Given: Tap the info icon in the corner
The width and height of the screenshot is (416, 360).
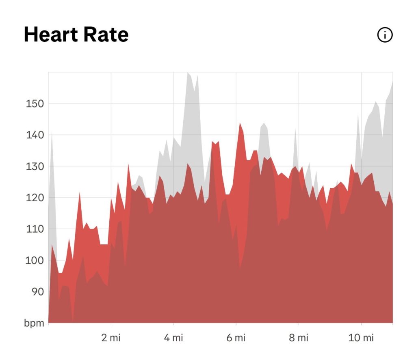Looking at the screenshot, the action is tap(385, 35).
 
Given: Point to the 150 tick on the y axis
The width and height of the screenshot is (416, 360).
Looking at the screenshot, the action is tap(35, 103).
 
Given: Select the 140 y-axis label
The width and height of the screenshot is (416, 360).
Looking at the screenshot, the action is tap(35, 135).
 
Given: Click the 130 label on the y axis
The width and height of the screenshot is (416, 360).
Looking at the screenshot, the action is tap(35, 166).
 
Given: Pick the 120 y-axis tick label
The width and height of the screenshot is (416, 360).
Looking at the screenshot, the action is tap(35, 198).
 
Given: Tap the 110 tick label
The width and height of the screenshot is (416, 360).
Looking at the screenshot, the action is tap(35, 229).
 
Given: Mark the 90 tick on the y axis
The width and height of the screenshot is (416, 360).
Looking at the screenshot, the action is tap(38, 291).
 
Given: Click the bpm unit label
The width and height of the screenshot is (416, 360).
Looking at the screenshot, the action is tap(34, 323).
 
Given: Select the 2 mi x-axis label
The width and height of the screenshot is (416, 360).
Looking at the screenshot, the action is tap(111, 338).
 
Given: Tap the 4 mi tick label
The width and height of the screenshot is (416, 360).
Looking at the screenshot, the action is tap(173, 338).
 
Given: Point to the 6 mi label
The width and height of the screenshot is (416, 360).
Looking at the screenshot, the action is tap(236, 338).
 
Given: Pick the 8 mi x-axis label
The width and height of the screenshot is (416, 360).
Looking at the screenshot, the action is tap(299, 338).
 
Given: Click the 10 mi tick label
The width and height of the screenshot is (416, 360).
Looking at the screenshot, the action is tap(361, 338).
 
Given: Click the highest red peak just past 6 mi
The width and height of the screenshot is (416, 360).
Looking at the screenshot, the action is tap(240, 123).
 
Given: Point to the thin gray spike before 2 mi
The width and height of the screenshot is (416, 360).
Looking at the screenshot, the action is tap(52, 133).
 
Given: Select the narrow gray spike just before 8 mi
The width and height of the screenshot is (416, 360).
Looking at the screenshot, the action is tap(295, 128).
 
